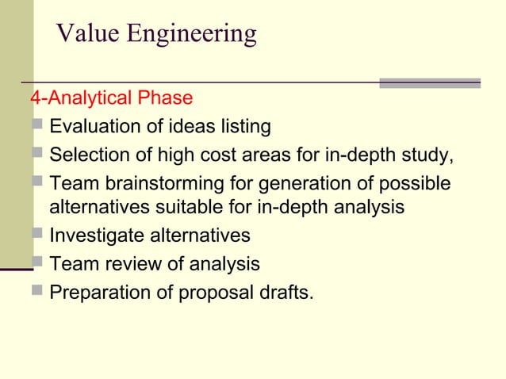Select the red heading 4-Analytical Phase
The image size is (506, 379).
pyautogui.click(x=111, y=98)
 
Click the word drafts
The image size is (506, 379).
pyautogui.click(x=282, y=293)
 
